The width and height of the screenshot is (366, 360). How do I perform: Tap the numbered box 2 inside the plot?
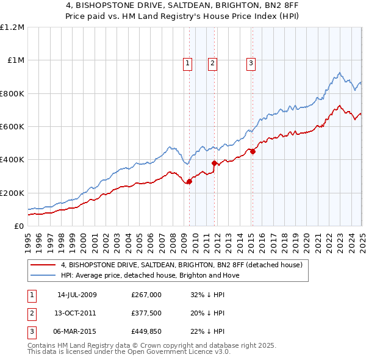click(212, 62)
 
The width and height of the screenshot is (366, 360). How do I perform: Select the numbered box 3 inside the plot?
click(251, 62)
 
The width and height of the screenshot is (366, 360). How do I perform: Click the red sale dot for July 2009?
click(189, 181)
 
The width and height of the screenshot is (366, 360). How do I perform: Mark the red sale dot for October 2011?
click(214, 163)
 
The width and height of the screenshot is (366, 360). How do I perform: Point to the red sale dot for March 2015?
click(253, 151)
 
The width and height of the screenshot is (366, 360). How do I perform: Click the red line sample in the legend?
click(43, 265)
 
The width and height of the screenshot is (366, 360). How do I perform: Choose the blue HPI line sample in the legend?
click(43, 275)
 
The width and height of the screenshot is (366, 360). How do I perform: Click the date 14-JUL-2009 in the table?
click(77, 295)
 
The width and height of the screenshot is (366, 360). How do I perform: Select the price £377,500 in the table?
click(146, 314)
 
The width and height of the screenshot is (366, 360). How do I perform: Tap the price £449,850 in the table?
click(146, 333)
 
